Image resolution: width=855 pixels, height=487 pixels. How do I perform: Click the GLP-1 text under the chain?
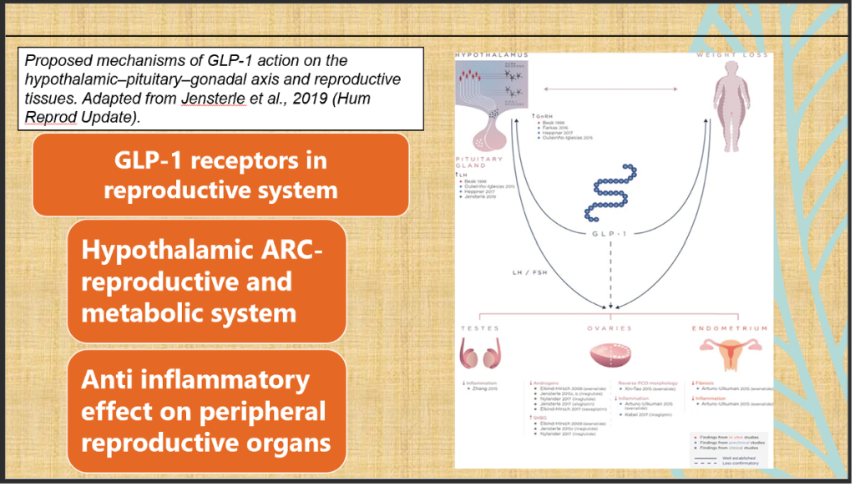610,236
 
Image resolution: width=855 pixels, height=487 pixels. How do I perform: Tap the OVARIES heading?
612,329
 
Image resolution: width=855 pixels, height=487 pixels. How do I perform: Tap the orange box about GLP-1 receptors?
220,175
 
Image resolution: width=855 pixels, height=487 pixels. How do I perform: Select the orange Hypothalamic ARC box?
206,281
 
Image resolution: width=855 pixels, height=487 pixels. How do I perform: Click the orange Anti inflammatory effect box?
206,410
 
